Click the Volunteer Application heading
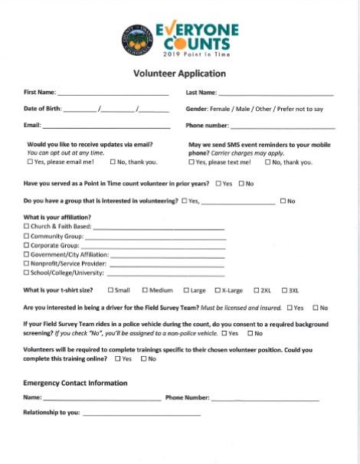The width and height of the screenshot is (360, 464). [180, 74]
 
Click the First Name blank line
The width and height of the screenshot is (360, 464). [107, 93]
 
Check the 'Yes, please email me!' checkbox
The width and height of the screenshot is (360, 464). [30, 162]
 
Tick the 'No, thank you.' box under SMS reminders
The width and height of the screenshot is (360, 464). [267, 162]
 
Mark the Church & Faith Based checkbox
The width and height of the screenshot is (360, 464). [27, 227]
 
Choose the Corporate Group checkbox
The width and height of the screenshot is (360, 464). [27, 246]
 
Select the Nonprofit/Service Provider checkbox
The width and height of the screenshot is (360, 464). [27, 263]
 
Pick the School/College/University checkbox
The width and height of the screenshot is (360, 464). [27, 273]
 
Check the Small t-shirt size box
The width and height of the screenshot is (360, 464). [111, 291]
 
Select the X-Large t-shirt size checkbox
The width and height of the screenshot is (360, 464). [218, 291]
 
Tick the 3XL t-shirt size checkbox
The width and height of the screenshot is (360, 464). [284, 291]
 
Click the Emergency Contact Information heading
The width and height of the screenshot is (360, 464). [75, 383]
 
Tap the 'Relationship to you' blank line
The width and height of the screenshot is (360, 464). [142, 413]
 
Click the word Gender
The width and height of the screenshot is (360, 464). [198, 109]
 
